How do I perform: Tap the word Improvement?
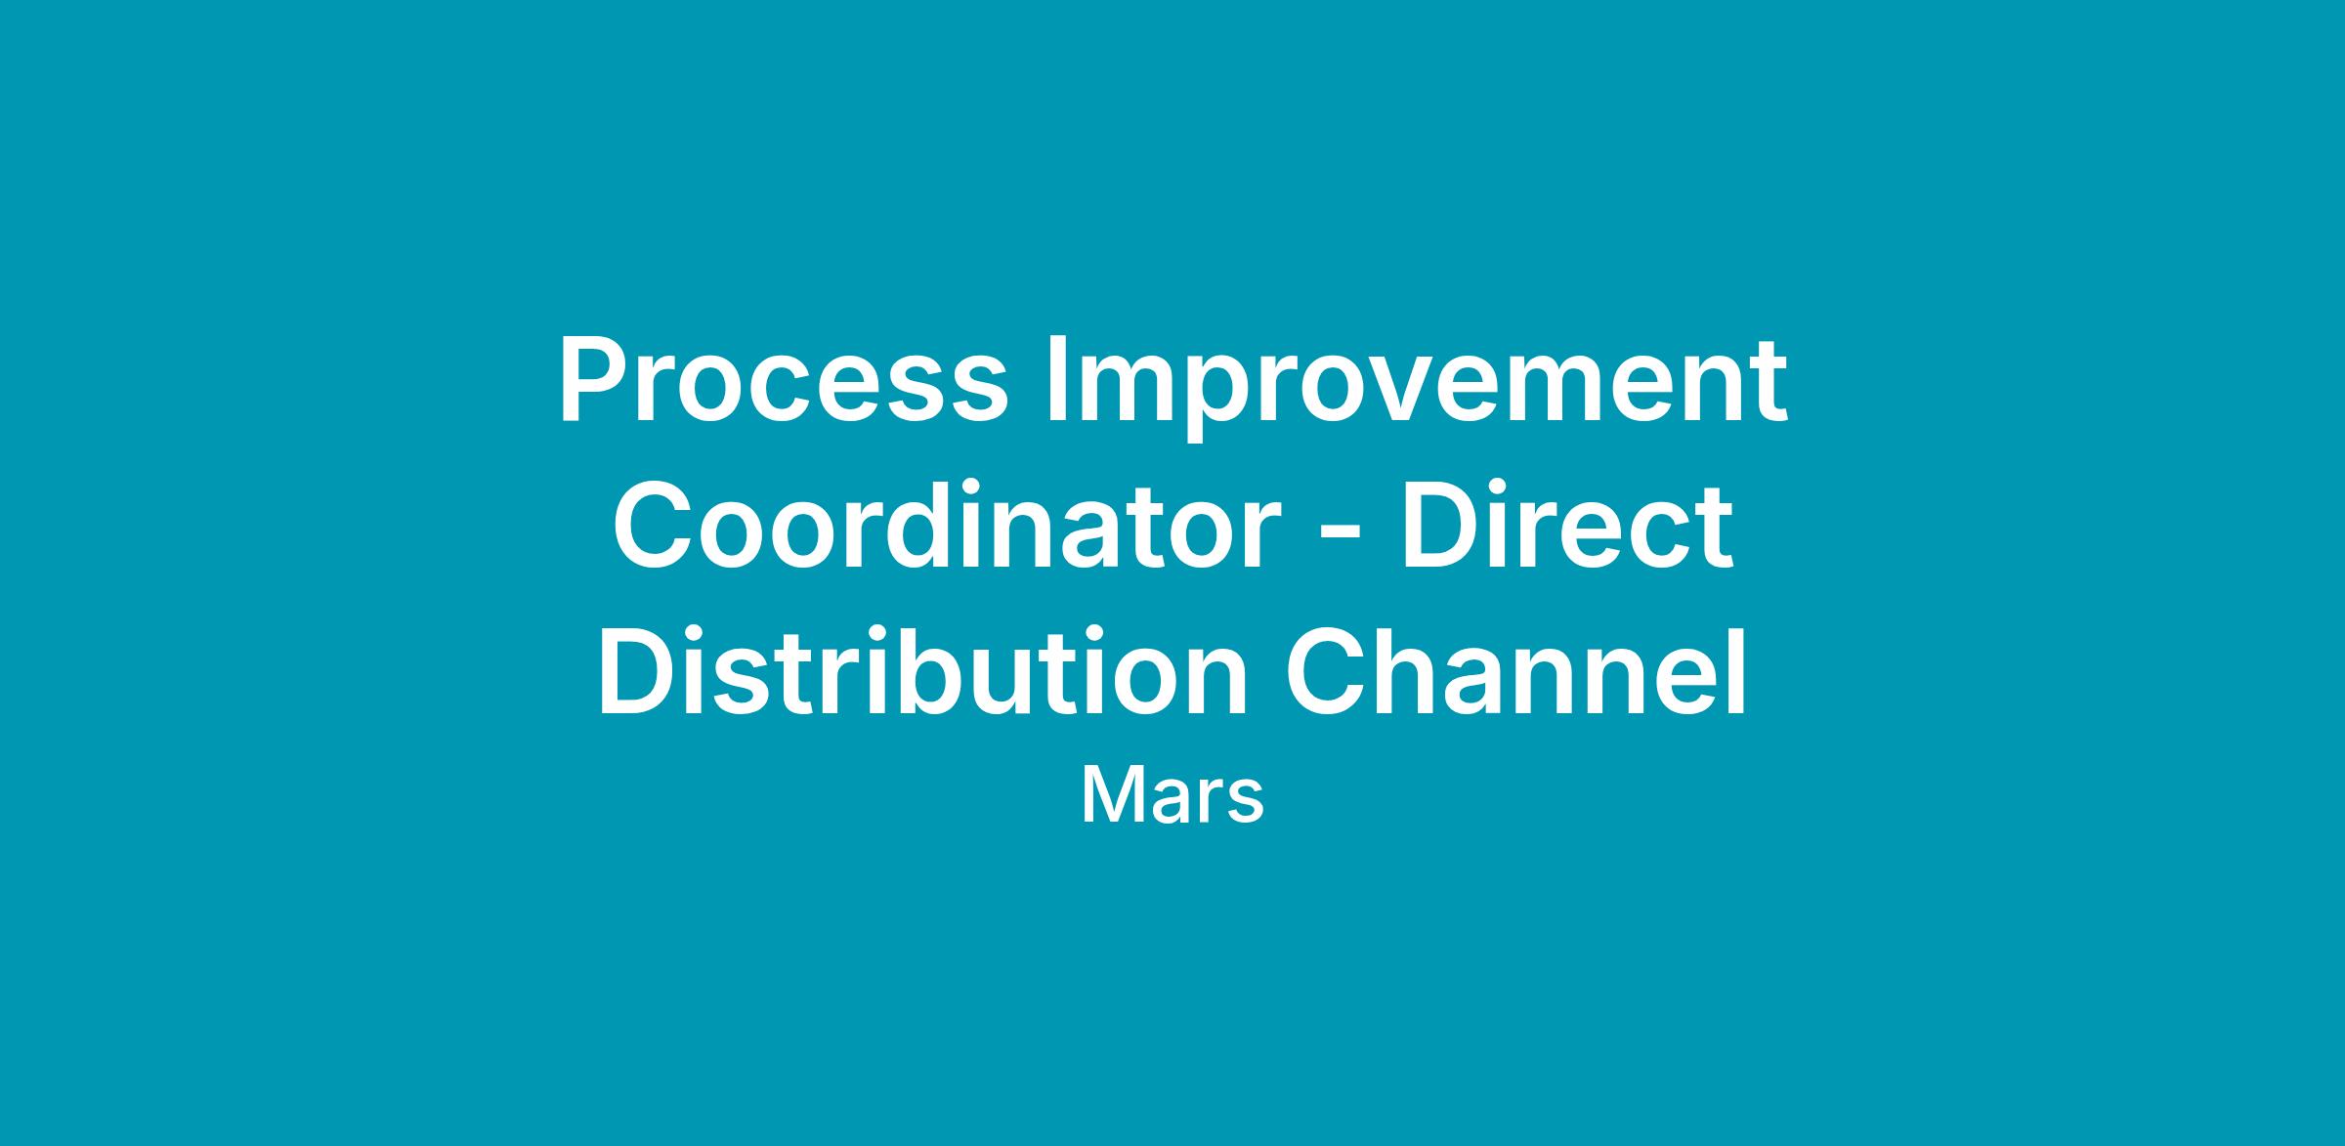click(x=1417, y=388)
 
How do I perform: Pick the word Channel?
click(x=1516, y=671)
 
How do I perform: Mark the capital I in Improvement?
click(x=1056, y=381)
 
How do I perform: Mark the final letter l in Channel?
click(x=1738, y=670)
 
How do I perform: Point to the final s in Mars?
click(x=1246, y=802)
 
